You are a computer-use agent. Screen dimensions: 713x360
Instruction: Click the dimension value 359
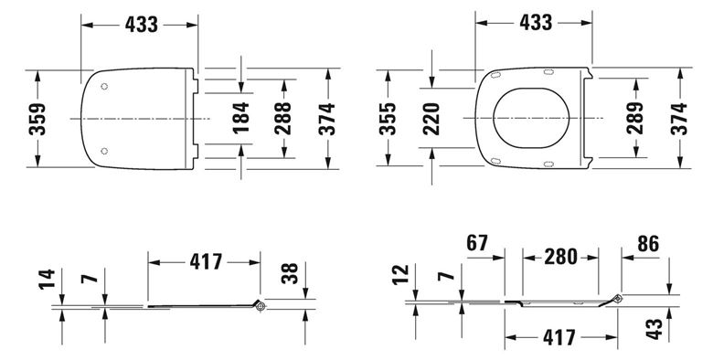37,119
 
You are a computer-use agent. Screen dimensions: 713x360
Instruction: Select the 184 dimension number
241,118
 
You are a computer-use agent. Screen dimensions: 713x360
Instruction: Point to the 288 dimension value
282,118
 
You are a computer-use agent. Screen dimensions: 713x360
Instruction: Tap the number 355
388,119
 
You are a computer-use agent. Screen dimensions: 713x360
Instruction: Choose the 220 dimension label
431,119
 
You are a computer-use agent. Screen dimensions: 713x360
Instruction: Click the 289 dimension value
634,118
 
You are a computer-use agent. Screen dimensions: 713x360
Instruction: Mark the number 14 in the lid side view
47,279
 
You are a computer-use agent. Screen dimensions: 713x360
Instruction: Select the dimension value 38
290,273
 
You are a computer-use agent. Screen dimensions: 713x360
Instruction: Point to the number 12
400,274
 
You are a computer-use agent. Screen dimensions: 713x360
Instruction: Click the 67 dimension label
477,243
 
